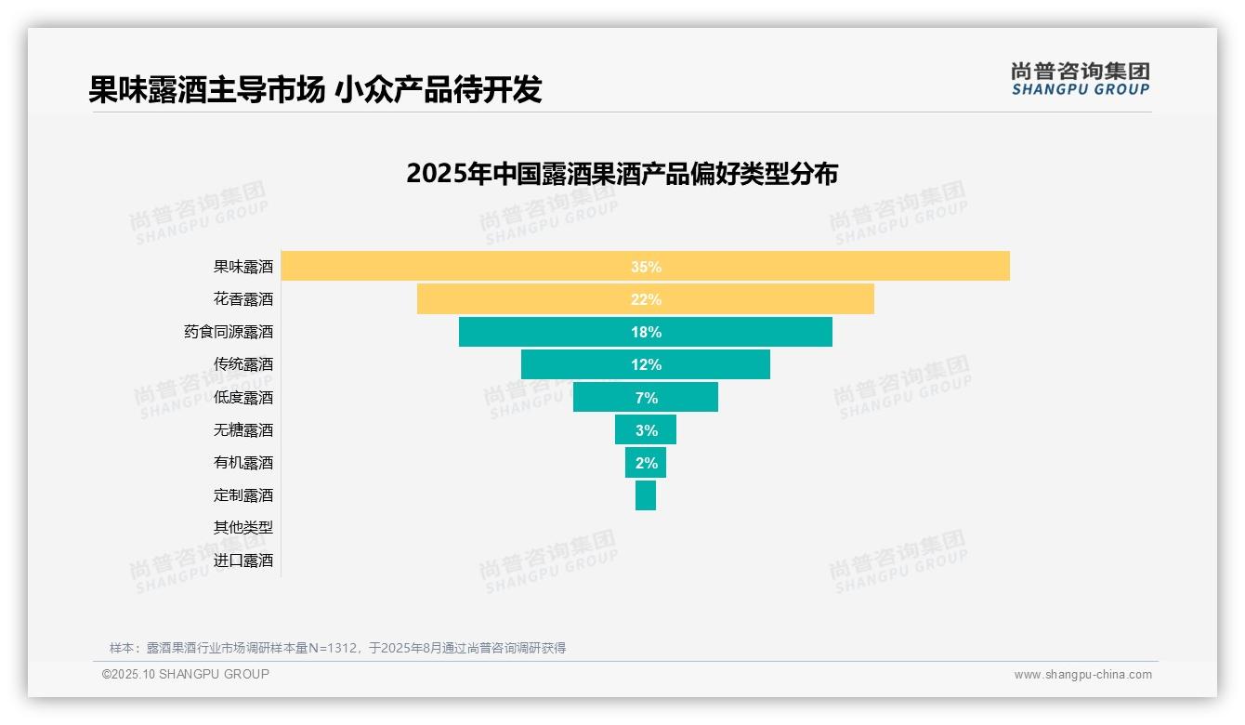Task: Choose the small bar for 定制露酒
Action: coord(646,495)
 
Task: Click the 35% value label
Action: coord(646,267)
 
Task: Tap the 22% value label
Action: coord(646,299)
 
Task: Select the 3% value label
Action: coord(646,430)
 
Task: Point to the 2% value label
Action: coord(646,463)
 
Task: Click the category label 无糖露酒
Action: coord(243,430)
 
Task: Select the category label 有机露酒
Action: coord(243,463)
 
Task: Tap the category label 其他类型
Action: coord(243,528)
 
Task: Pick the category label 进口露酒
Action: coord(243,560)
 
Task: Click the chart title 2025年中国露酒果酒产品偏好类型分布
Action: coord(622,174)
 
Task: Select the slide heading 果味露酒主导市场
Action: coord(206,89)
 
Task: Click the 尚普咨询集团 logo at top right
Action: coord(1080,79)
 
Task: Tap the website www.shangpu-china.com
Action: coord(1082,675)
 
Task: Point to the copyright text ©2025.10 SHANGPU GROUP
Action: coord(186,674)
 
